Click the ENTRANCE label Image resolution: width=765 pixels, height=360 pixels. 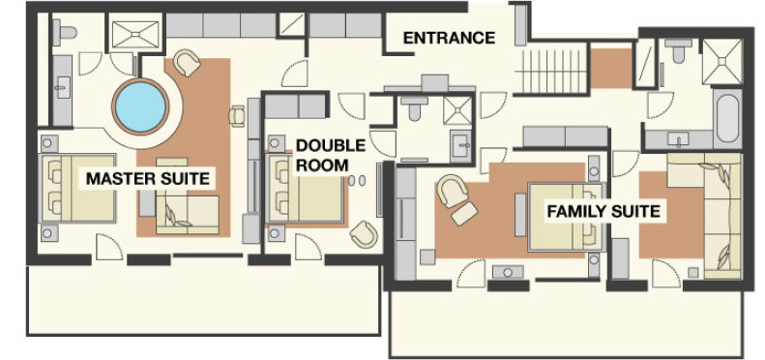449,38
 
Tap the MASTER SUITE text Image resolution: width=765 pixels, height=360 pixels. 148,178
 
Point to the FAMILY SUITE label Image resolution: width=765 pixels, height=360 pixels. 603,212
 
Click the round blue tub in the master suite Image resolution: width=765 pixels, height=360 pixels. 140,106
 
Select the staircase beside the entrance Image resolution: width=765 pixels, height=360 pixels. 551,72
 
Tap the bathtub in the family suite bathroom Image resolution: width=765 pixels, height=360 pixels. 728,118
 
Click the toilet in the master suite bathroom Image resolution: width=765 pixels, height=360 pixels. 65,30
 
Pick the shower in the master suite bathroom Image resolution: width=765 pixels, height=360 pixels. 135,35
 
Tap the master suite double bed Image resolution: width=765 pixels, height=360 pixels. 78,188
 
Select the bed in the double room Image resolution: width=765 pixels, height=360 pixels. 306,189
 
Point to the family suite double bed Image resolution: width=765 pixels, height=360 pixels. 567,217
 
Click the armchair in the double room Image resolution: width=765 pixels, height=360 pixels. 364,234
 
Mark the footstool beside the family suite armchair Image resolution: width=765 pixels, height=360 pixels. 464,214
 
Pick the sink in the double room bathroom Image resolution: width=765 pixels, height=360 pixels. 461,145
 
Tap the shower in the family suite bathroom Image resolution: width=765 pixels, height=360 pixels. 721,62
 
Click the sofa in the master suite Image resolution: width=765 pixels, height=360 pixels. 188,215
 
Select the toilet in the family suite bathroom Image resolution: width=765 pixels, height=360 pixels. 678,50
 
